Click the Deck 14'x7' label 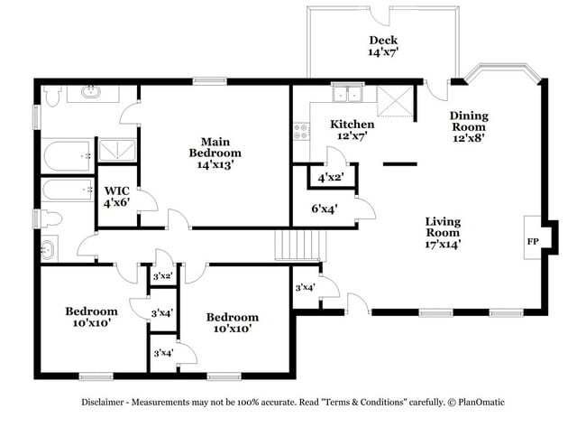pyautogui.click(x=383, y=46)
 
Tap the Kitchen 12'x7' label pyautogui.click(x=352, y=130)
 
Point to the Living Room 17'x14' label pyautogui.click(x=443, y=232)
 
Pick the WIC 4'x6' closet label pyautogui.click(x=117, y=197)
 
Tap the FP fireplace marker pyautogui.click(x=533, y=242)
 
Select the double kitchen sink pyautogui.click(x=347, y=94)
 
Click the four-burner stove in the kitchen pyautogui.click(x=299, y=135)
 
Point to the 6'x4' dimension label pyautogui.click(x=324, y=209)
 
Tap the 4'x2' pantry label pyautogui.click(x=330, y=177)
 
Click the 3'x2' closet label pyautogui.click(x=163, y=276)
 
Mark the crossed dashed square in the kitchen pyautogui.click(x=394, y=103)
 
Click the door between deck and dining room pyautogui.click(x=435, y=91)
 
